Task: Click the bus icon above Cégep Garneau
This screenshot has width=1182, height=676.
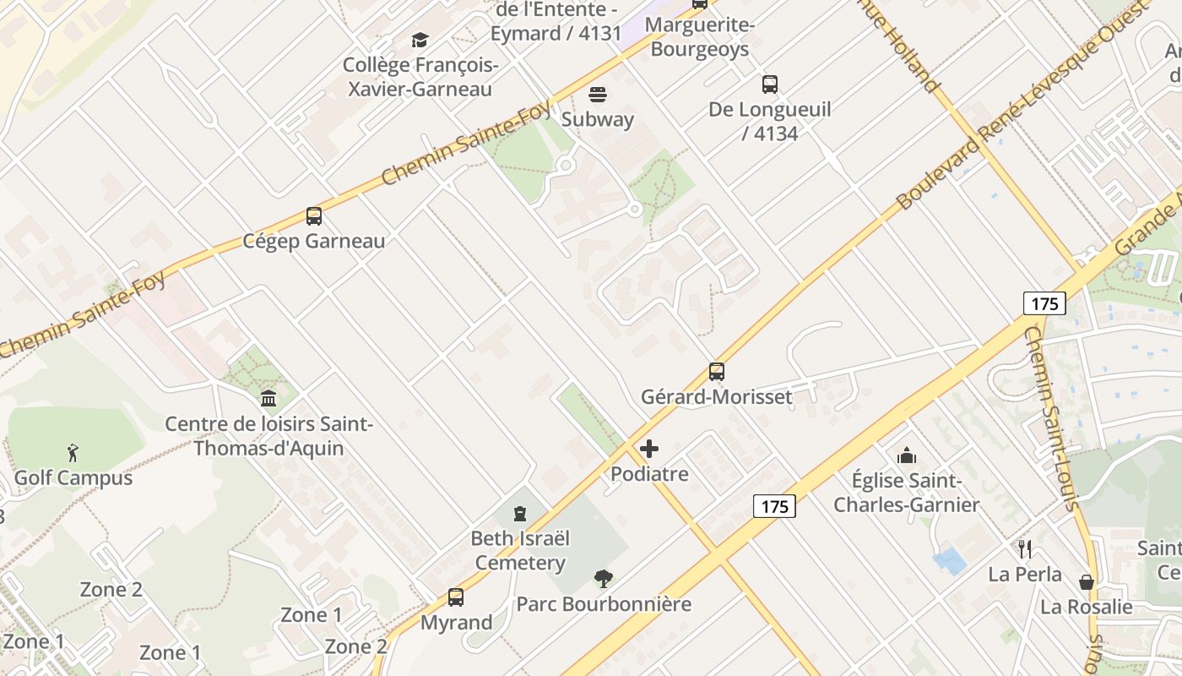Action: tap(314, 216)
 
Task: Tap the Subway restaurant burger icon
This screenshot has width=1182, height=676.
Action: tap(598, 94)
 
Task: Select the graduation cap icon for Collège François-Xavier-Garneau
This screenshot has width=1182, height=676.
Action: tap(420, 40)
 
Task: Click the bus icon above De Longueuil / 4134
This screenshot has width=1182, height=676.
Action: tap(770, 84)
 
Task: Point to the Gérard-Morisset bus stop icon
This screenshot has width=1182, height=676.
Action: tap(717, 371)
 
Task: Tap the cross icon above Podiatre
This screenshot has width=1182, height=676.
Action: tap(649, 449)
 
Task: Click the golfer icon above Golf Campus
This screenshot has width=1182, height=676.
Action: tap(73, 453)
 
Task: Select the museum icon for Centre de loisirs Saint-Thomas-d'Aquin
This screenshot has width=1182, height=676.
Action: tap(268, 398)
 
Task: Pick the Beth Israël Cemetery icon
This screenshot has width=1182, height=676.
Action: tap(520, 513)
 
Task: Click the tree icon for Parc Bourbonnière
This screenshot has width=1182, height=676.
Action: tap(603, 579)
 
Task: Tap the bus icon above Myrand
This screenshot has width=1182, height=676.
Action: tap(456, 597)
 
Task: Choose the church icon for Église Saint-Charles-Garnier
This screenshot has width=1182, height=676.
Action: tap(907, 455)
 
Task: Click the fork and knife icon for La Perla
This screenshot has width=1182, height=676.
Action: tap(1025, 549)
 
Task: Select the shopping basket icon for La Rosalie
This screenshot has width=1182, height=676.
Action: tap(1087, 582)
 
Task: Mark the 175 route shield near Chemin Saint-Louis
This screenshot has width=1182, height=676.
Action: tap(1044, 303)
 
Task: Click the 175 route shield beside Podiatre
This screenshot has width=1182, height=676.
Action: tap(774, 506)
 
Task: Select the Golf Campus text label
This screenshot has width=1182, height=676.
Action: tap(73, 478)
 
